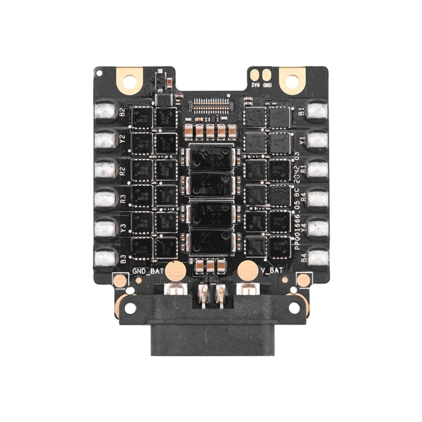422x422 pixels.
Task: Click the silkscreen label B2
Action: pyautogui.click(x=123, y=111)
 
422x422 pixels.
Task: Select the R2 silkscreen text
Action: pyautogui.click(x=123, y=169)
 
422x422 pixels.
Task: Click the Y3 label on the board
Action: pyautogui.click(x=123, y=228)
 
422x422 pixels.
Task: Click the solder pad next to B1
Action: pyautogui.click(x=317, y=111)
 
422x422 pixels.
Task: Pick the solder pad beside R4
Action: pyautogui.click(x=317, y=199)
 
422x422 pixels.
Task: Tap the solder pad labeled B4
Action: pyautogui.click(x=317, y=258)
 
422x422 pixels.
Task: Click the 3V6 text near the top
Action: pyautogui.click(x=256, y=86)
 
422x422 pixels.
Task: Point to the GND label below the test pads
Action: pyautogui.click(x=268, y=86)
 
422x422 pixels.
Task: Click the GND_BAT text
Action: pyautogui.click(x=147, y=271)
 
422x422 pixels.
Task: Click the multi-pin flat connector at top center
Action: pyautogui.click(x=211, y=104)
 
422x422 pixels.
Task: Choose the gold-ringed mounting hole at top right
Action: pyautogui.click(x=292, y=80)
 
